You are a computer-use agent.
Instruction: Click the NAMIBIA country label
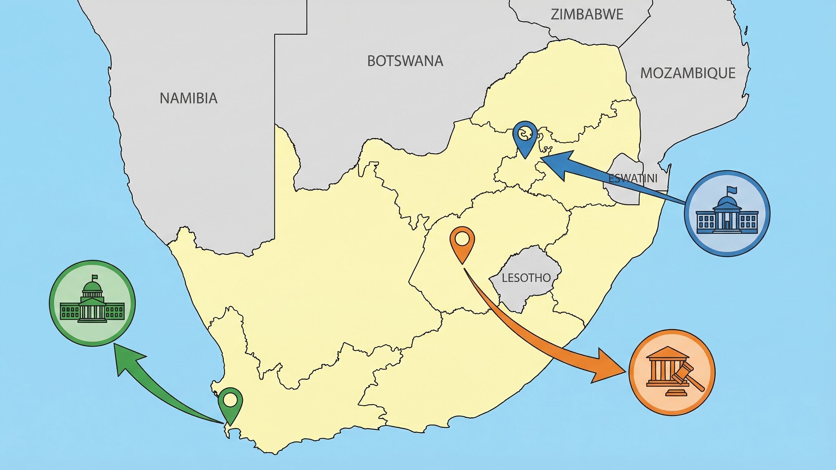click(188, 98)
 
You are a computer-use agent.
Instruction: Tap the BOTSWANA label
click(405, 61)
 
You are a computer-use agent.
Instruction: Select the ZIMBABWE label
click(587, 15)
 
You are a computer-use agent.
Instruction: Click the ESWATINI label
click(633, 178)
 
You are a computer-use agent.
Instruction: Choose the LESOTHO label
click(526, 278)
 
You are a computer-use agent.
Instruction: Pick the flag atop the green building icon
click(95, 277)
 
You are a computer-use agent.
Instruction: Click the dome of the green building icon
click(92, 287)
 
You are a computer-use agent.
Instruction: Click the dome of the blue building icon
click(727, 203)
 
